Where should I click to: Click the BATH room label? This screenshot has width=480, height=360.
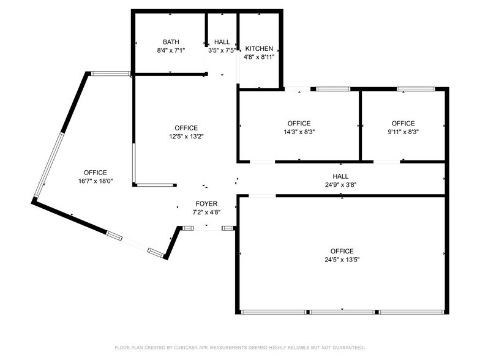click(171, 42)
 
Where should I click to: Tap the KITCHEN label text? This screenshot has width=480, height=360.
click(259, 48)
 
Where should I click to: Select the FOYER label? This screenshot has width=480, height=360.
click(206, 204)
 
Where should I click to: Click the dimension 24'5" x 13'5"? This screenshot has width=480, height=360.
click(342, 260)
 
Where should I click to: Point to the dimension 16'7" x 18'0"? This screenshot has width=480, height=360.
click(96, 181)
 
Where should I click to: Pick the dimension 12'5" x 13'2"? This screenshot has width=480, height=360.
click(186, 137)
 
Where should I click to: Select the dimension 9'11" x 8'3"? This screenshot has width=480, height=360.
click(403, 132)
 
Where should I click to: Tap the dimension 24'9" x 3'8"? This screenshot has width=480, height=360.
click(341, 184)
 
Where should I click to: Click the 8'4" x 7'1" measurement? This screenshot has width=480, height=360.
click(171, 50)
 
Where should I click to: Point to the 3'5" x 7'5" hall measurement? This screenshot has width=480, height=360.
click(222, 50)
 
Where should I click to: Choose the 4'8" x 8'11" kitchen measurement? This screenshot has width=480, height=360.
click(259, 57)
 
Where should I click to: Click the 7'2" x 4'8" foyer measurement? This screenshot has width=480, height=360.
click(206, 212)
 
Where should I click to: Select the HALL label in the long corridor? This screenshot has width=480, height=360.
click(341, 176)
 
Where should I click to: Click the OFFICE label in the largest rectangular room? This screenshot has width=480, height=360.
click(342, 251)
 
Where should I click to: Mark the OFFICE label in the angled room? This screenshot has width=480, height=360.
click(96, 173)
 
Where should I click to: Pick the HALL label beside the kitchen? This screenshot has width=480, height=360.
click(222, 42)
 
